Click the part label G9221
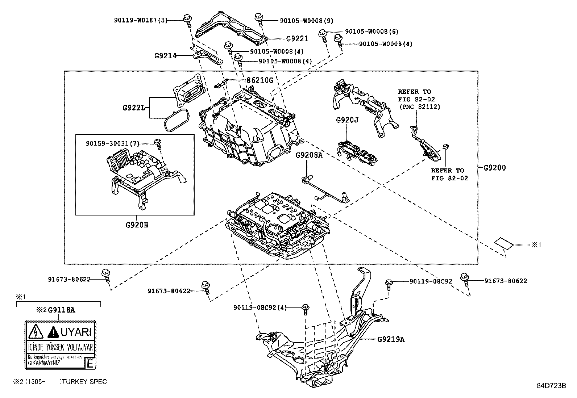(x=297, y=39)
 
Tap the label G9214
(x=165, y=56)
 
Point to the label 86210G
(x=260, y=80)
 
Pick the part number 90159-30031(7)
(x=112, y=144)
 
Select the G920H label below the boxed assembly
(x=137, y=225)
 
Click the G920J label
(x=347, y=120)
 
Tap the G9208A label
(x=309, y=155)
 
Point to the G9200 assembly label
(x=494, y=168)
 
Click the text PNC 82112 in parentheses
(x=420, y=107)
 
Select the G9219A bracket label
(x=391, y=339)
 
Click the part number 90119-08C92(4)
(x=260, y=307)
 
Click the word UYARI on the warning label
(x=76, y=331)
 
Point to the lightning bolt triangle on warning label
(x=36, y=331)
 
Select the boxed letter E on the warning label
(x=90, y=363)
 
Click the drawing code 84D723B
(x=551, y=386)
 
